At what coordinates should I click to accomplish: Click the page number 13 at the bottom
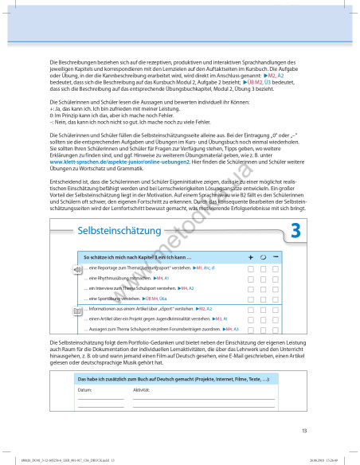304,431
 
